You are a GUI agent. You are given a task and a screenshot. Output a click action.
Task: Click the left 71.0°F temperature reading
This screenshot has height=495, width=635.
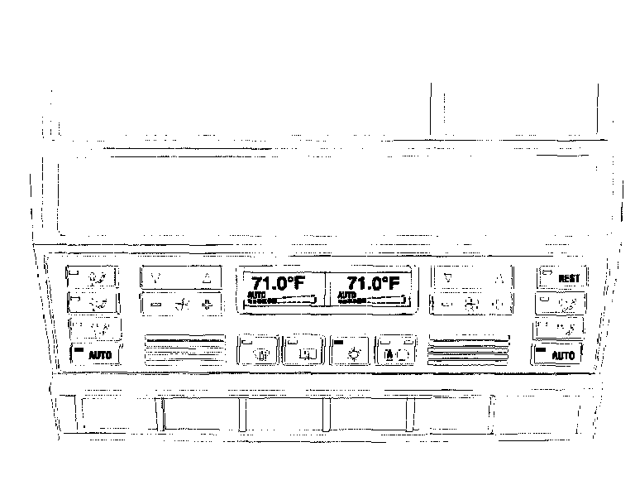pyautogui.click(x=278, y=283)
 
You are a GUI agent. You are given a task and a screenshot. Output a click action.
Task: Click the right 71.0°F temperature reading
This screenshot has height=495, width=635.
pyautogui.click(x=372, y=283)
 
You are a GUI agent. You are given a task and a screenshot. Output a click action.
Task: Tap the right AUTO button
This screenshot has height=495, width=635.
pyautogui.click(x=557, y=356)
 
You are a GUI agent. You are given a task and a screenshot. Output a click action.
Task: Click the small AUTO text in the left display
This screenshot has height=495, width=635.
pyautogui.click(x=254, y=295)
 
